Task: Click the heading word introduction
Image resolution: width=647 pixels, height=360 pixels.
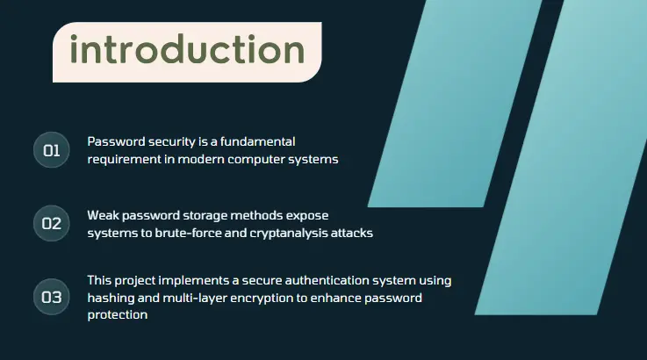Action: point(187,50)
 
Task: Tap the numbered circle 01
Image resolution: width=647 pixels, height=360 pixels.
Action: point(52,150)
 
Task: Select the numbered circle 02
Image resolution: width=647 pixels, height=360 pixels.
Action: point(52,223)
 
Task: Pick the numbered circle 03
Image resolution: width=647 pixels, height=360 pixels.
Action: point(52,297)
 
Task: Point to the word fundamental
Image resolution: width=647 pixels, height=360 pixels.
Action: point(257,141)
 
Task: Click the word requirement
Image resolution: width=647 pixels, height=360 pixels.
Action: point(124,159)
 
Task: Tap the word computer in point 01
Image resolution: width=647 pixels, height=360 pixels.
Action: point(255,160)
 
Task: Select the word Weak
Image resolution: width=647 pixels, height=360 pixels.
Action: point(103,215)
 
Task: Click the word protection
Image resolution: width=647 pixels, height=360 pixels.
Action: point(118,315)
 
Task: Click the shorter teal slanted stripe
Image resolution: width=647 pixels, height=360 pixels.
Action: point(455,104)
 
